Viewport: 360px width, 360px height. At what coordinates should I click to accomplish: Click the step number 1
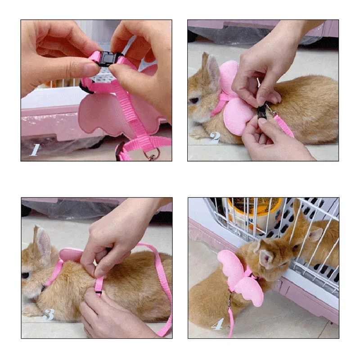click(34, 149)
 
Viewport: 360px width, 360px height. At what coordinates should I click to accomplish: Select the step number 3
click(49, 314)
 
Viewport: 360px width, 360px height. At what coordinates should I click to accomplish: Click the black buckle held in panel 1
click(106, 59)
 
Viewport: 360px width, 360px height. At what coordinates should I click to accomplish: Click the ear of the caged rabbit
click(315, 234)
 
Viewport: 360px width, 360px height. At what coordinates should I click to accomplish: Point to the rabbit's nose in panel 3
click(23, 290)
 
